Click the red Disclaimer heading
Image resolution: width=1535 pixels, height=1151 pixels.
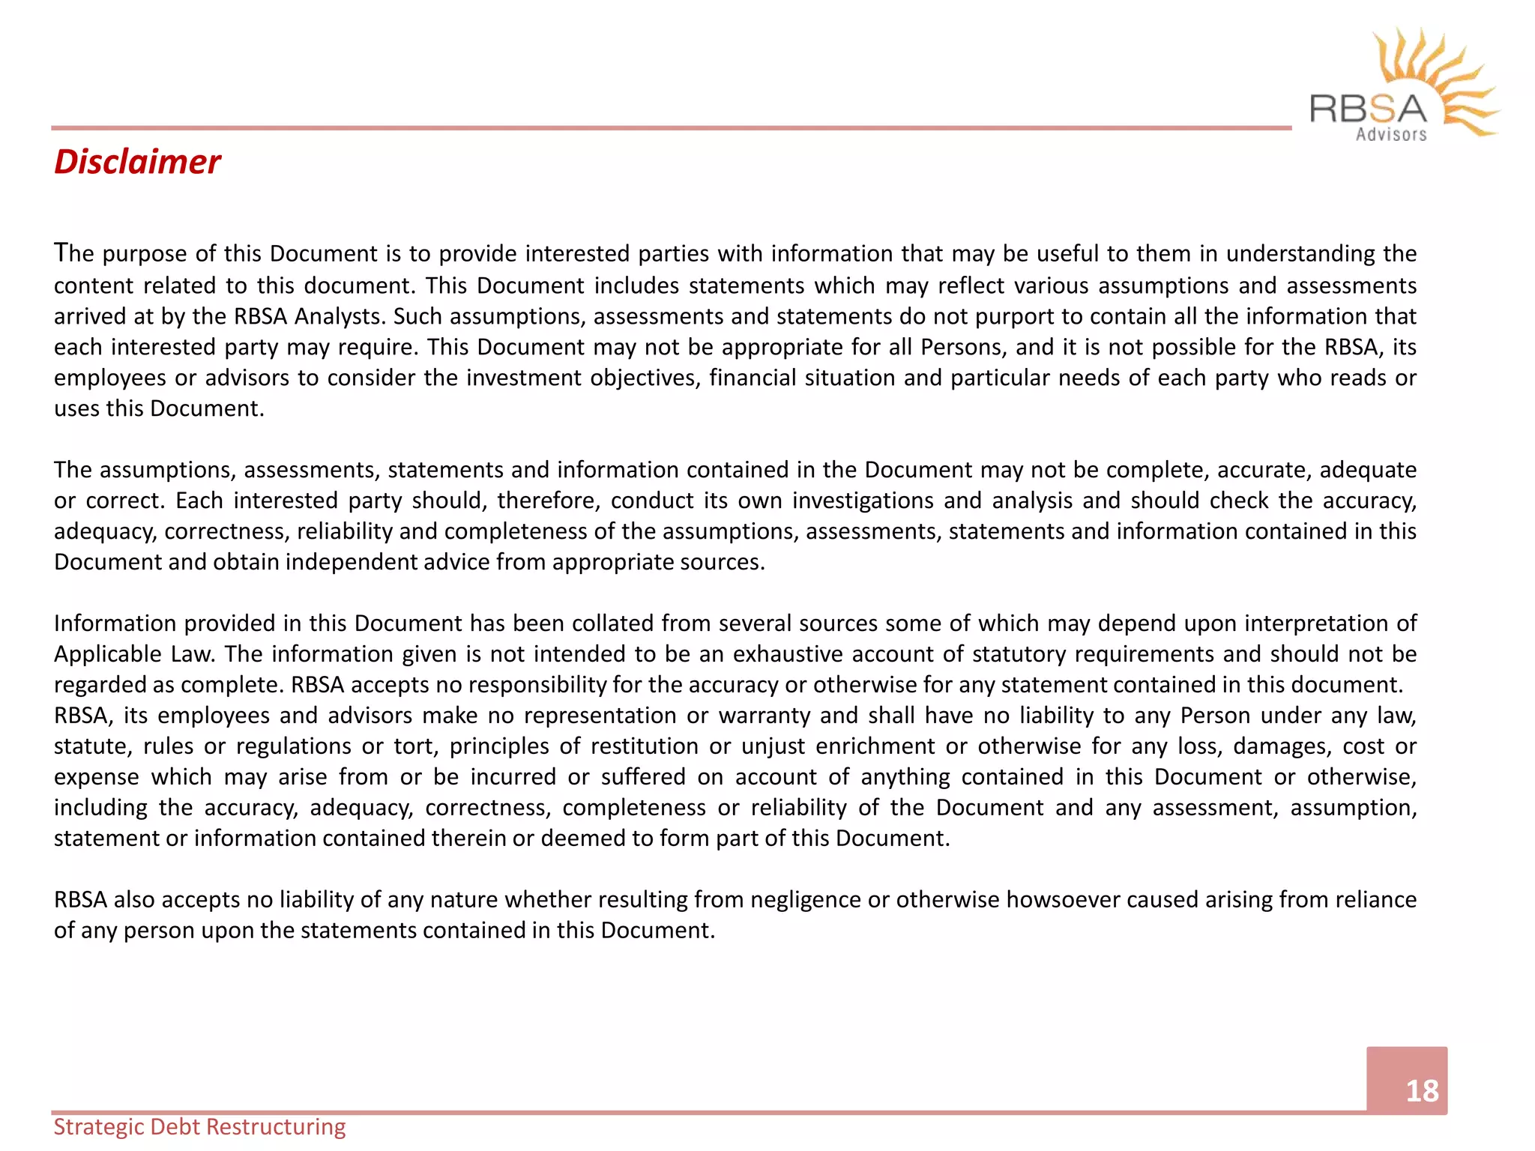pos(137,162)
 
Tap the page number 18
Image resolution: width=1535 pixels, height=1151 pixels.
pos(1421,1090)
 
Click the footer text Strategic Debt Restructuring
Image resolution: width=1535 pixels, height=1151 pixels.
pos(199,1126)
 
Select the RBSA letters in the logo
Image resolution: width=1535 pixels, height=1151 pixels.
pos(1368,109)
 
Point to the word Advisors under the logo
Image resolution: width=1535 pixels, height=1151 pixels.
pos(1391,135)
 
